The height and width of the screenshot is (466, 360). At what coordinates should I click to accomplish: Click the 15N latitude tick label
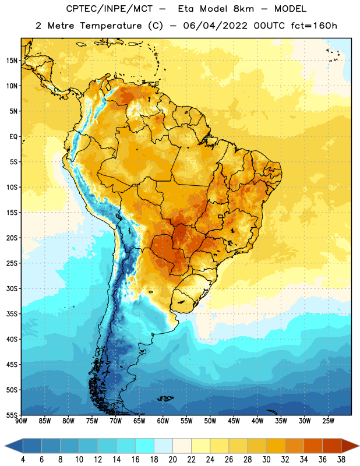click(x=12, y=61)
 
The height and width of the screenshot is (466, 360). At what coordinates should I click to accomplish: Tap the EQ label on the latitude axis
click(x=13, y=137)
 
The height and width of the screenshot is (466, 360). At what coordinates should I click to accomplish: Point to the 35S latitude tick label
click(x=12, y=314)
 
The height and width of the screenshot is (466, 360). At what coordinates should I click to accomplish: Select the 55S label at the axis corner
click(x=12, y=415)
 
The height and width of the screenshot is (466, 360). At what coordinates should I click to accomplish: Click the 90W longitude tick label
click(x=21, y=421)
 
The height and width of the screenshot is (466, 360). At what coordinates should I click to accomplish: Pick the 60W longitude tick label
click(x=163, y=421)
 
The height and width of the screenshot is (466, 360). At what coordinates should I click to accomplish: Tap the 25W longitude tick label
click(x=328, y=421)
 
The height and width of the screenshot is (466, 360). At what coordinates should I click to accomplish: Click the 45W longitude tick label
click(x=234, y=421)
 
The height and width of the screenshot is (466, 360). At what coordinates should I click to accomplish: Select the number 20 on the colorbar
click(x=172, y=460)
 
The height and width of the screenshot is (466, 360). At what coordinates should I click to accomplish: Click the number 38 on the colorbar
click(x=341, y=460)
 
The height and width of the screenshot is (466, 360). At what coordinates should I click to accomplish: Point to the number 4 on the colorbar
click(x=23, y=460)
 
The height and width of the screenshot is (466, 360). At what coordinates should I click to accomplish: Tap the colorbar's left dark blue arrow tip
click(x=5, y=446)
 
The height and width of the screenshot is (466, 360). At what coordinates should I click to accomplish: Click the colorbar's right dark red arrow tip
click(x=359, y=446)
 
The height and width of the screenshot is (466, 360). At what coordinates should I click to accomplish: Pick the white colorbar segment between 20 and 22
click(x=182, y=446)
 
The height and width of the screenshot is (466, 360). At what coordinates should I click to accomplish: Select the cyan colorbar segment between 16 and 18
click(x=144, y=446)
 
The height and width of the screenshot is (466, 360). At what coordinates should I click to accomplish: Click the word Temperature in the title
click(x=111, y=26)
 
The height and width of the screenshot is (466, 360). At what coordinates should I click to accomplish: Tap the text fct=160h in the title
click(x=314, y=26)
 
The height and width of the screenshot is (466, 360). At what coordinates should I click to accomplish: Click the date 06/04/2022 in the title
click(x=215, y=26)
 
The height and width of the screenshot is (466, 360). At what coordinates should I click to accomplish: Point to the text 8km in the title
click(x=243, y=9)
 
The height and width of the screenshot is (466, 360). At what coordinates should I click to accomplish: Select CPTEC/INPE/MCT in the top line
click(x=109, y=9)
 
